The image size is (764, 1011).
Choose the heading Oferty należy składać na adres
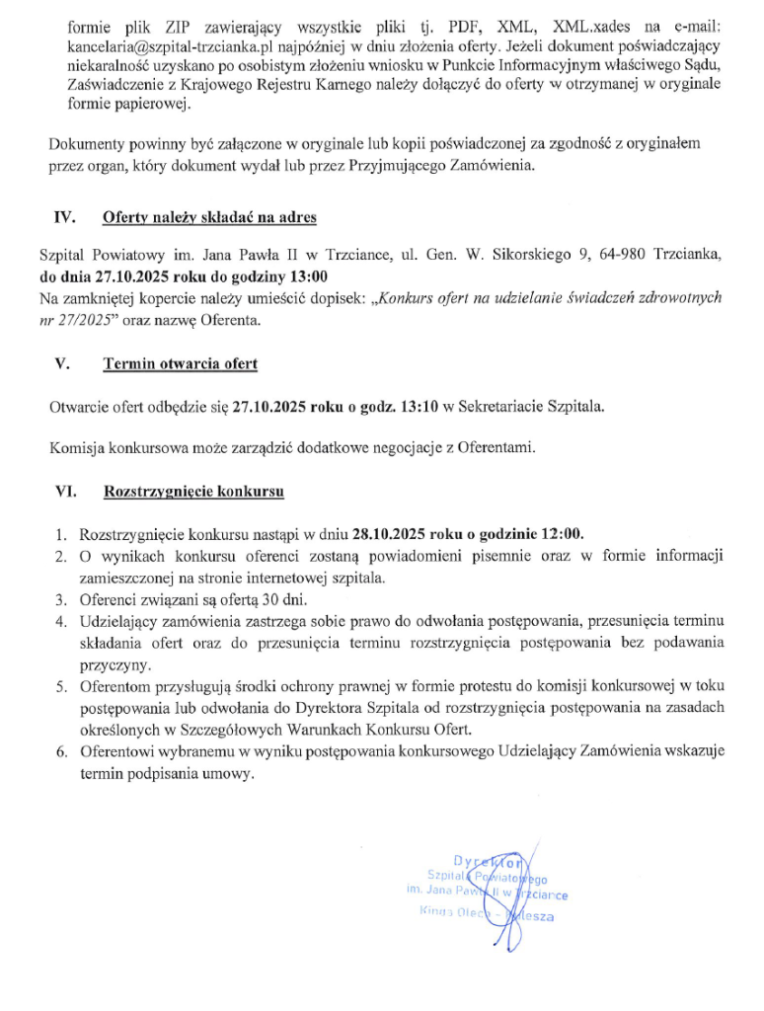click(209, 216)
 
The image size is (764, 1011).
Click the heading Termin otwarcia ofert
click(180, 363)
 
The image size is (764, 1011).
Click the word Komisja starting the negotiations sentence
click(79, 447)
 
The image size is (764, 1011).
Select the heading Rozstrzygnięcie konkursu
click(194, 490)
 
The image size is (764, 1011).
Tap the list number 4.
click(60, 620)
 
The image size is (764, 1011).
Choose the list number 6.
click(60, 751)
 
